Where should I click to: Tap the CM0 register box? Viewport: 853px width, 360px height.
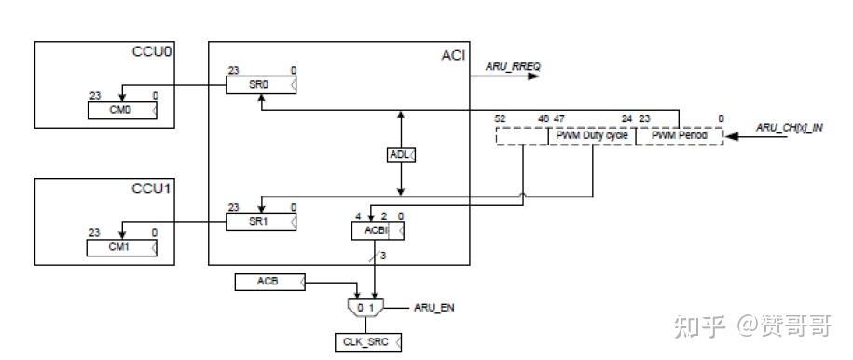[x=122, y=110]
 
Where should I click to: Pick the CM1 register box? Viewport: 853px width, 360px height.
[x=122, y=247]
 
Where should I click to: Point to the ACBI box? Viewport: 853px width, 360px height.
[x=377, y=229]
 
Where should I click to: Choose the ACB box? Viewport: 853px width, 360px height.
[x=268, y=281]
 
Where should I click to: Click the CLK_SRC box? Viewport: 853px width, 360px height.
[x=367, y=342]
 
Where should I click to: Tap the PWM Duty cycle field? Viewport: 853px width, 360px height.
[x=592, y=136]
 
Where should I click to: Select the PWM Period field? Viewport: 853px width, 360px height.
[x=679, y=136]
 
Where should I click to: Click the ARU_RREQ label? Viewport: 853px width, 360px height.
[x=513, y=66]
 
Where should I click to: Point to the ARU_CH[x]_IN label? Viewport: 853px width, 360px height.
[x=789, y=127]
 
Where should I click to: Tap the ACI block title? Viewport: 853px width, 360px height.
[x=453, y=55]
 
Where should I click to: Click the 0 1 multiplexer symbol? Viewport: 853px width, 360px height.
[x=367, y=307]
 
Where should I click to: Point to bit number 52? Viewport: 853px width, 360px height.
[x=501, y=118]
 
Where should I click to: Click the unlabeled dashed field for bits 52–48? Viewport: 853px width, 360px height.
[x=522, y=136]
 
